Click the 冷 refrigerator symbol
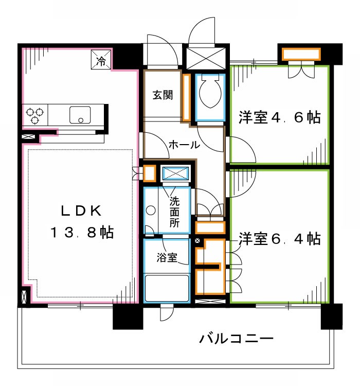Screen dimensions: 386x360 click(101, 59)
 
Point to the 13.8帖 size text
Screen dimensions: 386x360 click(81, 232)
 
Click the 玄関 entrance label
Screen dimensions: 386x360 click(162, 95)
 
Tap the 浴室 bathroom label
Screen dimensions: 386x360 click(168, 258)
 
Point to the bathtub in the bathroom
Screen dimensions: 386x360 click(167, 288)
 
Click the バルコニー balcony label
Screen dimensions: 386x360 click(237, 339)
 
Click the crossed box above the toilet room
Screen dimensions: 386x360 click(206, 57)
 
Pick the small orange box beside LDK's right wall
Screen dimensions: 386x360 click(149, 173)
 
